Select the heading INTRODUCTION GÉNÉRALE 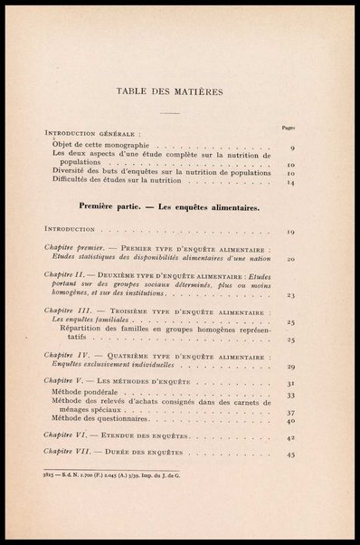[91, 136]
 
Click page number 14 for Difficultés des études [291, 183]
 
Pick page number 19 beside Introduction [291, 233]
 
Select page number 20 [291, 259]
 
